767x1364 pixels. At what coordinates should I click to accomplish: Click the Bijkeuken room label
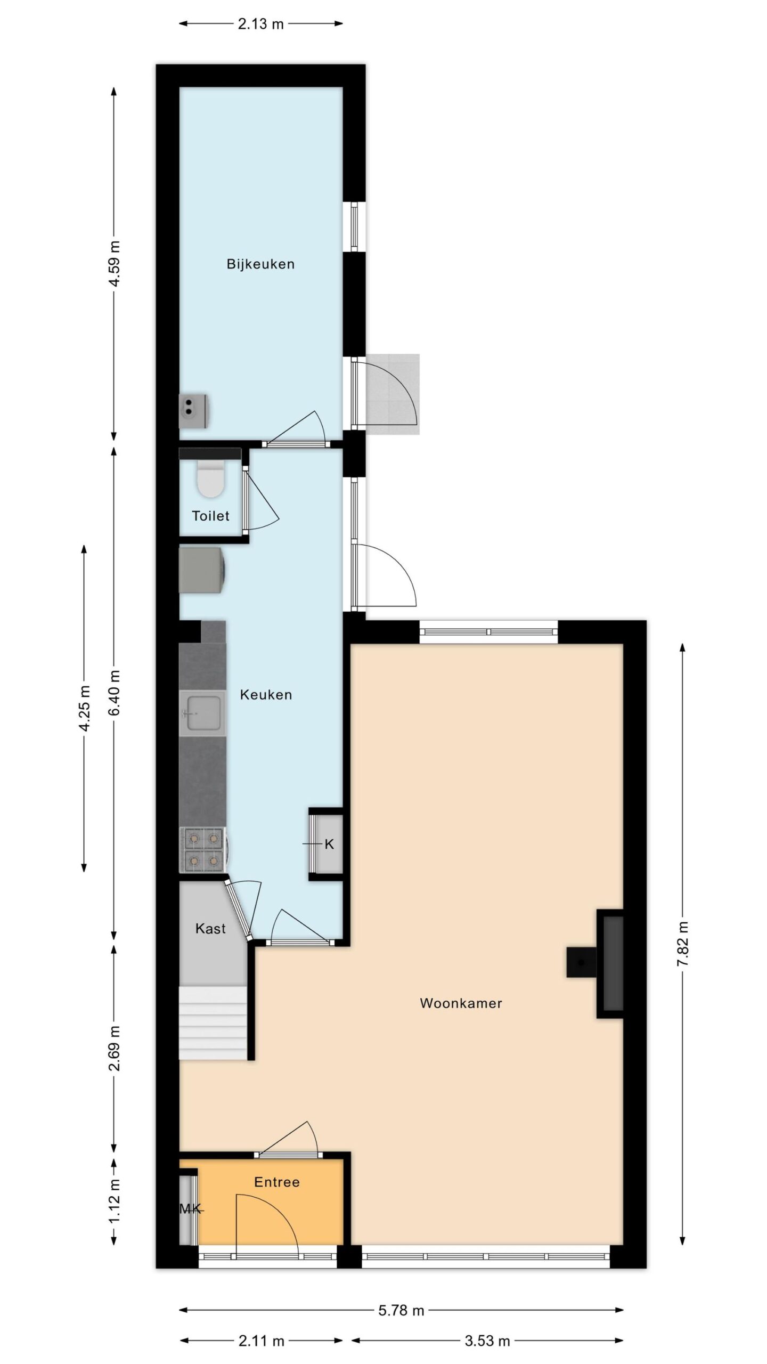[260, 264]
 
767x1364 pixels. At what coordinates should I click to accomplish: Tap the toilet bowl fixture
[210, 478]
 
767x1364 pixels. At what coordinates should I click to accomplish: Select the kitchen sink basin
[201, 713]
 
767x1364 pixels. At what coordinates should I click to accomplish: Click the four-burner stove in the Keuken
[204, 850]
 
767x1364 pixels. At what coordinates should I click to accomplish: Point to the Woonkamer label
[461, 1003]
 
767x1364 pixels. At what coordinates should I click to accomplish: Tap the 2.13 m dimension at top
[260, 23]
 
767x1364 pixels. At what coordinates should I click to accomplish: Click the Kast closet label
[210, 929]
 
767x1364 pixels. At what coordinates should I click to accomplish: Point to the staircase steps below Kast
[213, 1023]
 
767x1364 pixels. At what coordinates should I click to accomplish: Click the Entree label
[277, 1182]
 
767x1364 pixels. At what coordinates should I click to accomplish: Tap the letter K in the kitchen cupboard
[329, 844]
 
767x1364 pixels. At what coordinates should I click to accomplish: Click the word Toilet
[210, 516]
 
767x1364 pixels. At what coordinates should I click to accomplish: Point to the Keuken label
[266, 695]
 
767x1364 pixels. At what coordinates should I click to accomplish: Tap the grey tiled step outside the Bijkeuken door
[393, 394]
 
